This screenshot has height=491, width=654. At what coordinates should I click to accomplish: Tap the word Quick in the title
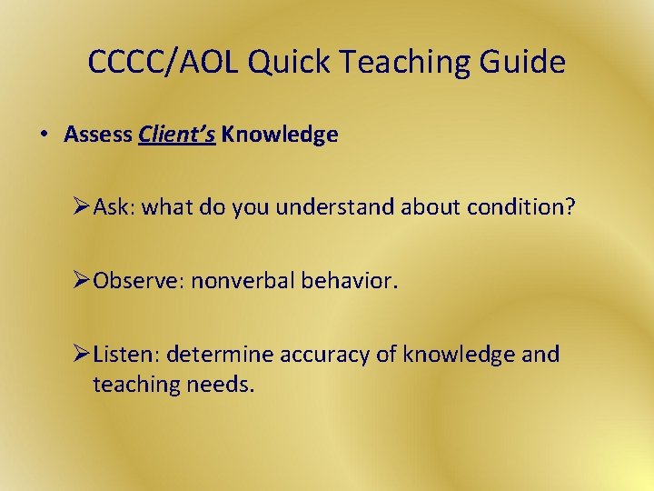[278, 63]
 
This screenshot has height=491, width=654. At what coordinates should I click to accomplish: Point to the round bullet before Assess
[44, 135]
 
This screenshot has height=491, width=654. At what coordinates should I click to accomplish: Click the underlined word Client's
[177, 135]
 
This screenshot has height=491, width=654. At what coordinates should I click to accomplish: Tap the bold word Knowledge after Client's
[280, 135]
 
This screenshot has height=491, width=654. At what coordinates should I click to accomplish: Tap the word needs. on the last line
[222, 384]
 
